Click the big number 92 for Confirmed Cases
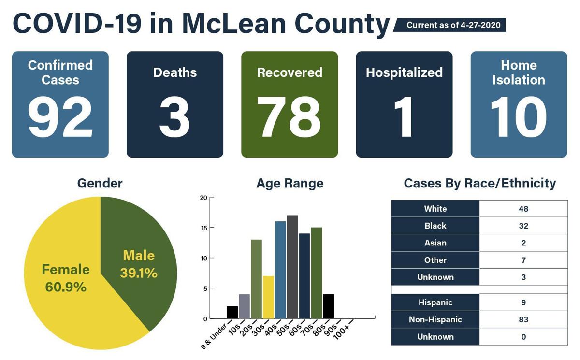pos(60,117)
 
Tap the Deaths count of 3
pos(174,117)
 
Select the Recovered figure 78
pos(289,117)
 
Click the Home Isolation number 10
pos(518,117)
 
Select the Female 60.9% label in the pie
pos(66,278)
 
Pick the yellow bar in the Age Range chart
pos(268,297)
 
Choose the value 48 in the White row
pos(523,209)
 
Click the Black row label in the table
pos(435,226)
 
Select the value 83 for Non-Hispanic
pos(523,319)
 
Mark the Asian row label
pos(435,243)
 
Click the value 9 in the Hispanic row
pos(523,302)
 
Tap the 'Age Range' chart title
pos(290,184)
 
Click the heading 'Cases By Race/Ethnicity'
pos(479,184)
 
